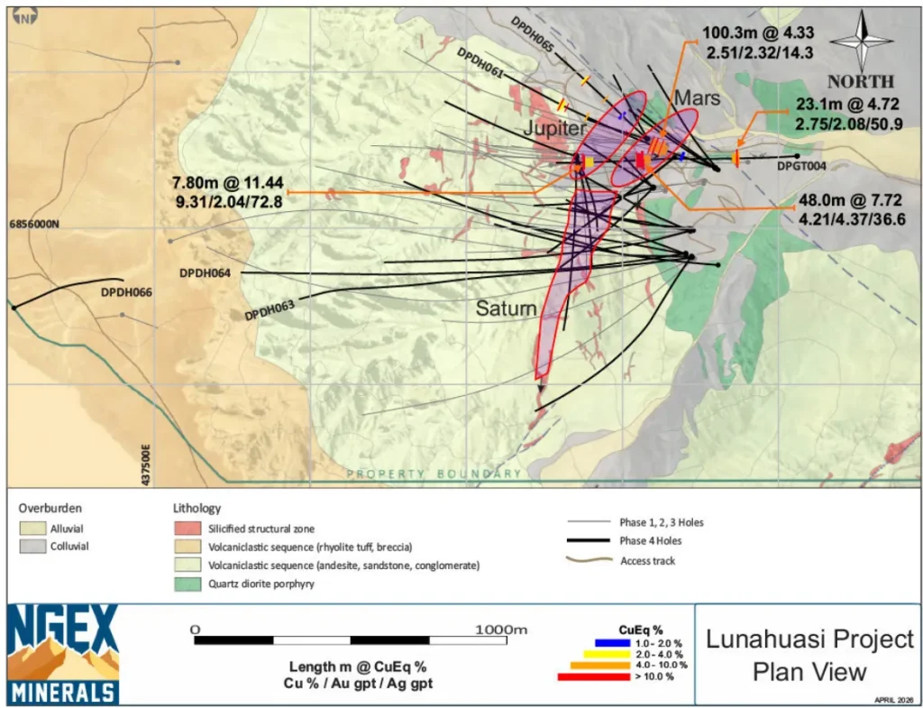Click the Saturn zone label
point(507,309)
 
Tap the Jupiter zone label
point(553,129)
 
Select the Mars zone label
point(698,97)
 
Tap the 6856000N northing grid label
point(35,222)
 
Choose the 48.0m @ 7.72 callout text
point(852,209)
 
